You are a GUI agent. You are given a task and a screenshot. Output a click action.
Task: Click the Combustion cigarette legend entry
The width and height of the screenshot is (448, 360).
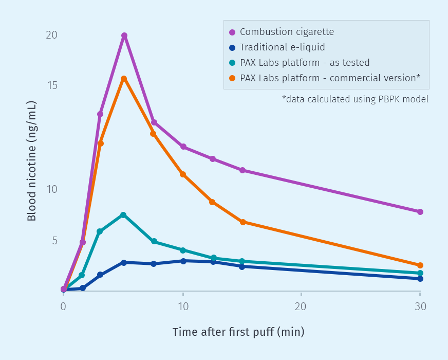pos(287,32)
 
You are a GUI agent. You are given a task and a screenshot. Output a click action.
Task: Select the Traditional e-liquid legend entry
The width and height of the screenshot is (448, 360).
pos(282,47)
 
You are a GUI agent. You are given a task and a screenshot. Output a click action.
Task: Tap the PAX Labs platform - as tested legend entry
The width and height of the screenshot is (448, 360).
pos(304,63)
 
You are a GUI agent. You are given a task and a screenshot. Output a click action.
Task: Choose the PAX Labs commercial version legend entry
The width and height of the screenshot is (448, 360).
pos(330,78)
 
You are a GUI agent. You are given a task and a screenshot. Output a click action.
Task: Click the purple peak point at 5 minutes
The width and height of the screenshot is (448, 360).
pos(124,35)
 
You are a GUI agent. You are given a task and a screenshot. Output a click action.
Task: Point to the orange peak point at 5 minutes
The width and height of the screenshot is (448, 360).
pos(124,79)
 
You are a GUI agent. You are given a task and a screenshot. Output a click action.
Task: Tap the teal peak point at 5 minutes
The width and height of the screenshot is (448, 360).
pos(123,215)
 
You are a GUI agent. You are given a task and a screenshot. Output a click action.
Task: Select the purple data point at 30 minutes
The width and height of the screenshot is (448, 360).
pos(420,212)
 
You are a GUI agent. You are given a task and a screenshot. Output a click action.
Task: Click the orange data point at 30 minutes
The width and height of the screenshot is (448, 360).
pos(420,265)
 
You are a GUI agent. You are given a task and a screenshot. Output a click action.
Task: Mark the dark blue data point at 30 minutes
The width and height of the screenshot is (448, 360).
pos(420,279)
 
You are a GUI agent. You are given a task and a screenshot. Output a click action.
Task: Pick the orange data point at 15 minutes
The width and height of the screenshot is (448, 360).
pos(242,222)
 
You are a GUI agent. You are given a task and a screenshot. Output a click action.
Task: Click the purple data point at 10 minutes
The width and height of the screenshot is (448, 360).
pos(183,147)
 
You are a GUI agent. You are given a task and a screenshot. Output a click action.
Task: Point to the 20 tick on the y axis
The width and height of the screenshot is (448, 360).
pos(51,35)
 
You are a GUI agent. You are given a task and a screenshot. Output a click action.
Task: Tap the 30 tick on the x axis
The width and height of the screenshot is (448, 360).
pos(420,307)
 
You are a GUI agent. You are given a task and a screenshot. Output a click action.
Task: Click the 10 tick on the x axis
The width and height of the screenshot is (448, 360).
pos(183,307)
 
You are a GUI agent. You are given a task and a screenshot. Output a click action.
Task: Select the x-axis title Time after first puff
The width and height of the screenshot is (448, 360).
pos(238,332)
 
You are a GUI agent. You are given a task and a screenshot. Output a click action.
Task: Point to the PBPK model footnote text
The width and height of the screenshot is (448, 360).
pos(355,99)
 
